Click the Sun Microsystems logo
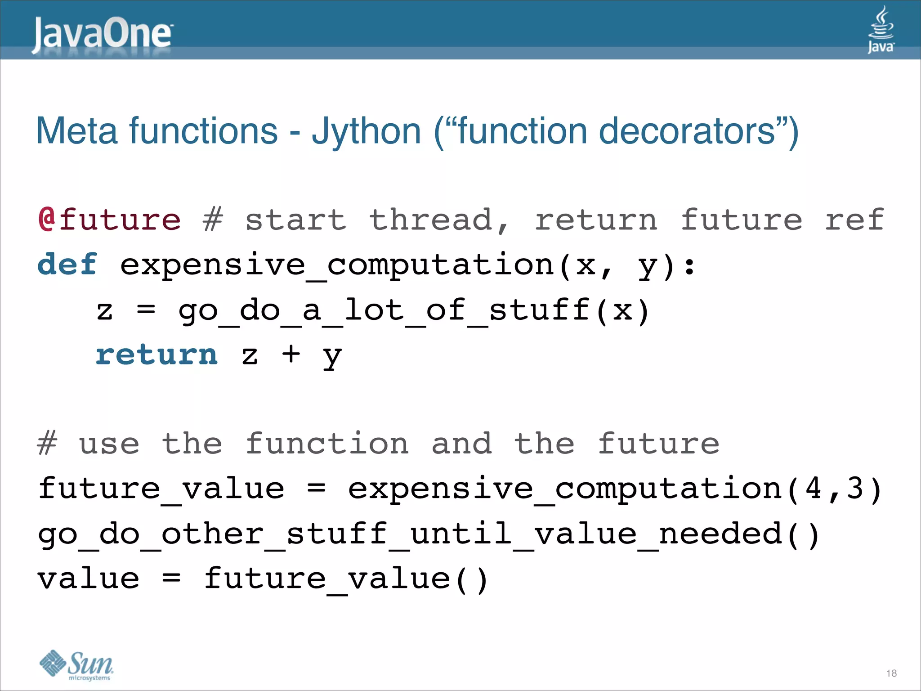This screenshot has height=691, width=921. (x=76, y=665)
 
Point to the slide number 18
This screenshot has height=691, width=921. (x=891, y=673)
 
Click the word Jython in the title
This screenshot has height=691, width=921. (x=366, y=131)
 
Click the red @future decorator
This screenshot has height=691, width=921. (x=109, y=220)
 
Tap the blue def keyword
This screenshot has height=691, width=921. (x=67, y=264)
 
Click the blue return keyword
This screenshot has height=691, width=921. (x=156, y=354)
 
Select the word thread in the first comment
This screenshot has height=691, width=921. (x=431, y=220)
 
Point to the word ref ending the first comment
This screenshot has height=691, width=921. (x=854, y=220)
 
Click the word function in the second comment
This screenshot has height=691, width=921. (x=327, y=444)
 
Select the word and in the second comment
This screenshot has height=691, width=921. (x=462, y=444)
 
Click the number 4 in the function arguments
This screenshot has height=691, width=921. (x=814, y=489)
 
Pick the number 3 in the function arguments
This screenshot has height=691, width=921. (x=855, y=489)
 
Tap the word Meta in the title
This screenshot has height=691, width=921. (x=77, y=131)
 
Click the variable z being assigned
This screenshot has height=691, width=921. (x=105, y=310)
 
